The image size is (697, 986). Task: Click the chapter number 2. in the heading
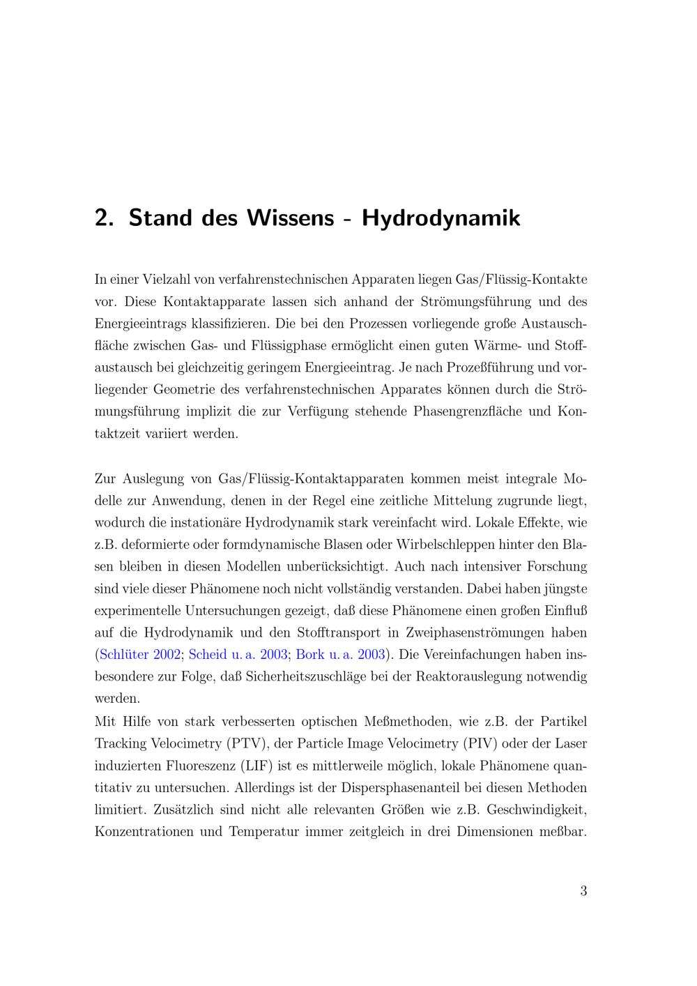(104, 218)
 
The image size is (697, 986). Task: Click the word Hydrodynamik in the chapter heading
(441, 218)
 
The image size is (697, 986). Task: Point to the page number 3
(583, 890)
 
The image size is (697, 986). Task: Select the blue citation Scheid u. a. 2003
(238, 655)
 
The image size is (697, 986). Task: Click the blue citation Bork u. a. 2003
(340, 655)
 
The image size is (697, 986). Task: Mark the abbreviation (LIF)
(255, 766)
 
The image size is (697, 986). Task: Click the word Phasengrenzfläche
(468, 411)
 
